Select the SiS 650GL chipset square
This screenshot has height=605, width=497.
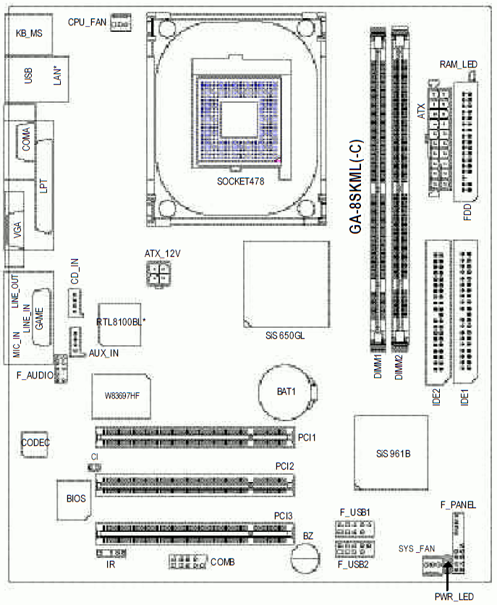(286, 284)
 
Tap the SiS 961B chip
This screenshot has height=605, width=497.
(391, 453)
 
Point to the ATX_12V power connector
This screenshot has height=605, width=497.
(158, 273)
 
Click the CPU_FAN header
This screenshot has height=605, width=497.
(121, 23)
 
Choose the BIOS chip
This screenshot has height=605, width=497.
(75, 499)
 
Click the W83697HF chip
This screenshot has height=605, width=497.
(122, 396)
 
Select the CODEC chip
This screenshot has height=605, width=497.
(35, 444)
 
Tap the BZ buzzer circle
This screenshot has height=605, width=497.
(306, 558)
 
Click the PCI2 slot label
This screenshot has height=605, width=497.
(284, 467)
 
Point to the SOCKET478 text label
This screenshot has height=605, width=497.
(241, 182)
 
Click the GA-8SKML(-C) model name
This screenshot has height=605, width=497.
(355, 187)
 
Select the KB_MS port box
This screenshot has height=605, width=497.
(29, 34)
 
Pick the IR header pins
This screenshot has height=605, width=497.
(111, 554)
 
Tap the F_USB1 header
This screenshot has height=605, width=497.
(354, 529)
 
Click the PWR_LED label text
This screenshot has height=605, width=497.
(454, 596)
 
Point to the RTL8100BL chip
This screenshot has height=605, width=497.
(119, 324)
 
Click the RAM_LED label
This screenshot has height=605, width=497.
(459, 64)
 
